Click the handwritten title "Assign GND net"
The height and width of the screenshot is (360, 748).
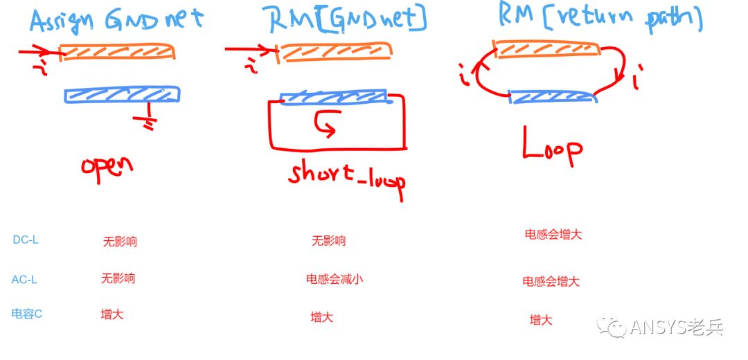pyautogui.click(x=116, y=19)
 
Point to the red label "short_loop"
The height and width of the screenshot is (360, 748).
pyautogui.click(x=347, y=179)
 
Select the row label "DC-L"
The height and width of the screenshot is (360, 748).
pyautogui.click(x=26, y=240)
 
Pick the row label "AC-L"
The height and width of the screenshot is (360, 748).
pyautogui.click(x=24, y=280)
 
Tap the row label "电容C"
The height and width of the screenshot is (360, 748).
pyautogui.click(x=27, y=314)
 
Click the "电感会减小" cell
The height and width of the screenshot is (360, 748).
pyautogui.click(x=335, y=280)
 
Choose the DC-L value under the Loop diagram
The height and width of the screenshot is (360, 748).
pyautogui.click(x=553, y=235)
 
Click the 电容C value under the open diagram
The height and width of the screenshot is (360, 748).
pyautogui.click(x=112, y=315)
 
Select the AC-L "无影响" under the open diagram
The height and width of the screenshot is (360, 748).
pyautogui.click(x=118, y=279)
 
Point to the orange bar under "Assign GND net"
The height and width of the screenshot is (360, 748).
pyautogui.click(x=116, y=52)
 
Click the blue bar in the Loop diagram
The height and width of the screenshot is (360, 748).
pyautogui.click(x=553, y=96)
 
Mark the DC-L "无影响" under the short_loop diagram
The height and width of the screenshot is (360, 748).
pyautogui.click(x=328, y=242)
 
